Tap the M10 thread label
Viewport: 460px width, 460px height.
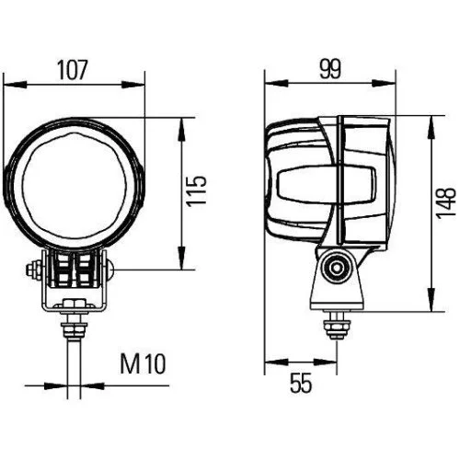point(143,365)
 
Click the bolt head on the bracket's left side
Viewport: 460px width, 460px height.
point(33,270)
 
